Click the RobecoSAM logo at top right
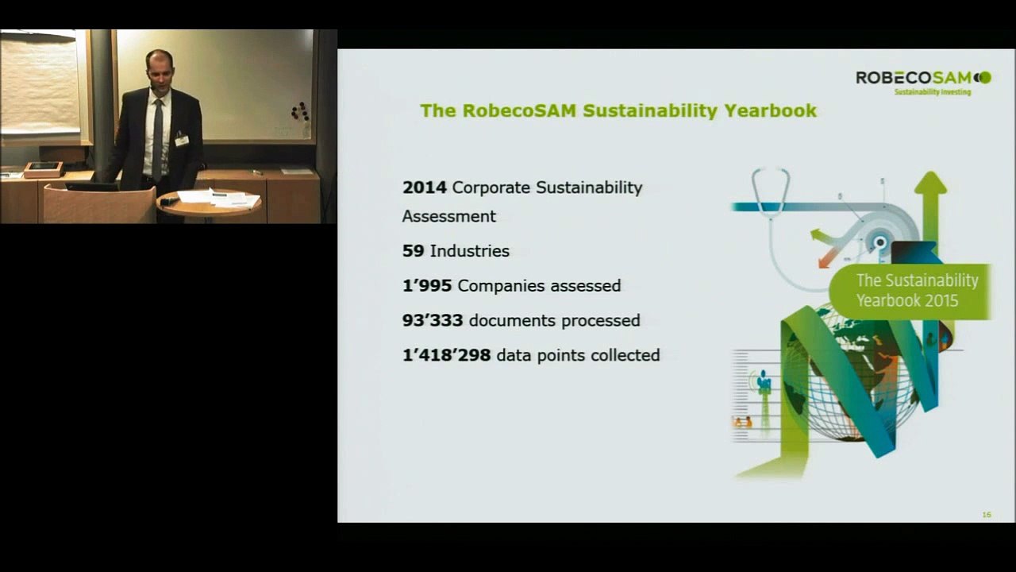coord(922,77)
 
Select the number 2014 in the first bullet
coord(425,187)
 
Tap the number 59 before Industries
coord(413,251)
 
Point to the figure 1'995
coord(427,285)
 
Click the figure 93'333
coord(433,320)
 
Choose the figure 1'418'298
coord(446,355)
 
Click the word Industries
coord(470,251)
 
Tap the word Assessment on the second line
coord(448,216)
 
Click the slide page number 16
coord(987,515)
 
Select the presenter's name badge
coord(182,140)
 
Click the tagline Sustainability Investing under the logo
coord(933,92)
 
